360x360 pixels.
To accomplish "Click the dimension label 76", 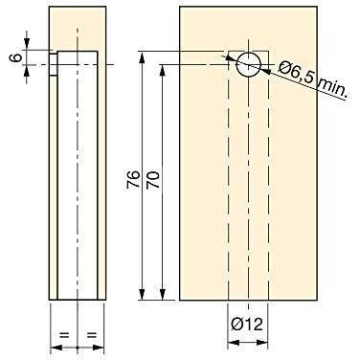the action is pos(133,179).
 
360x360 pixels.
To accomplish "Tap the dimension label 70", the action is pos(152,179).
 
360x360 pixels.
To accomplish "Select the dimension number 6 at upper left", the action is pos(17,57).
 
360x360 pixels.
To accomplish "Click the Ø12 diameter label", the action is pos(247,325).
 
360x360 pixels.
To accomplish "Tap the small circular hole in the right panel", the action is pos(249,64).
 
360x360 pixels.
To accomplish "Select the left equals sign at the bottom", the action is pos(64,335).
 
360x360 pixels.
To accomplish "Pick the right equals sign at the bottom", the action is pos(92,335).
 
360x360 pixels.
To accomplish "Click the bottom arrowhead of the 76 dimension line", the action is pos(143,294).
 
